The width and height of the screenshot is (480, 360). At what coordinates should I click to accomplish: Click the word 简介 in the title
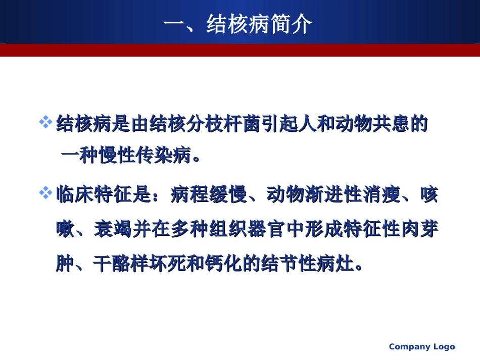pos(291,24)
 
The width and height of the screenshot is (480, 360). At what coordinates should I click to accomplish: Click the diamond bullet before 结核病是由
pos(46,123)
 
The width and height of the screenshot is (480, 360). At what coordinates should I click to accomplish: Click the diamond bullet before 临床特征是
pos(46,193)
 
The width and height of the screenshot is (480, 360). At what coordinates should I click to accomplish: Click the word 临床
pos(74,194)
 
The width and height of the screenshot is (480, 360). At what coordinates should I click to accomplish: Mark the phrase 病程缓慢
pos(208,194)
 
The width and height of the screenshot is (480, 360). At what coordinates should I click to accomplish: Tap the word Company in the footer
pos(409,347)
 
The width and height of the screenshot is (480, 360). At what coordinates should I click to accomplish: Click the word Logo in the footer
pos(444,347)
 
